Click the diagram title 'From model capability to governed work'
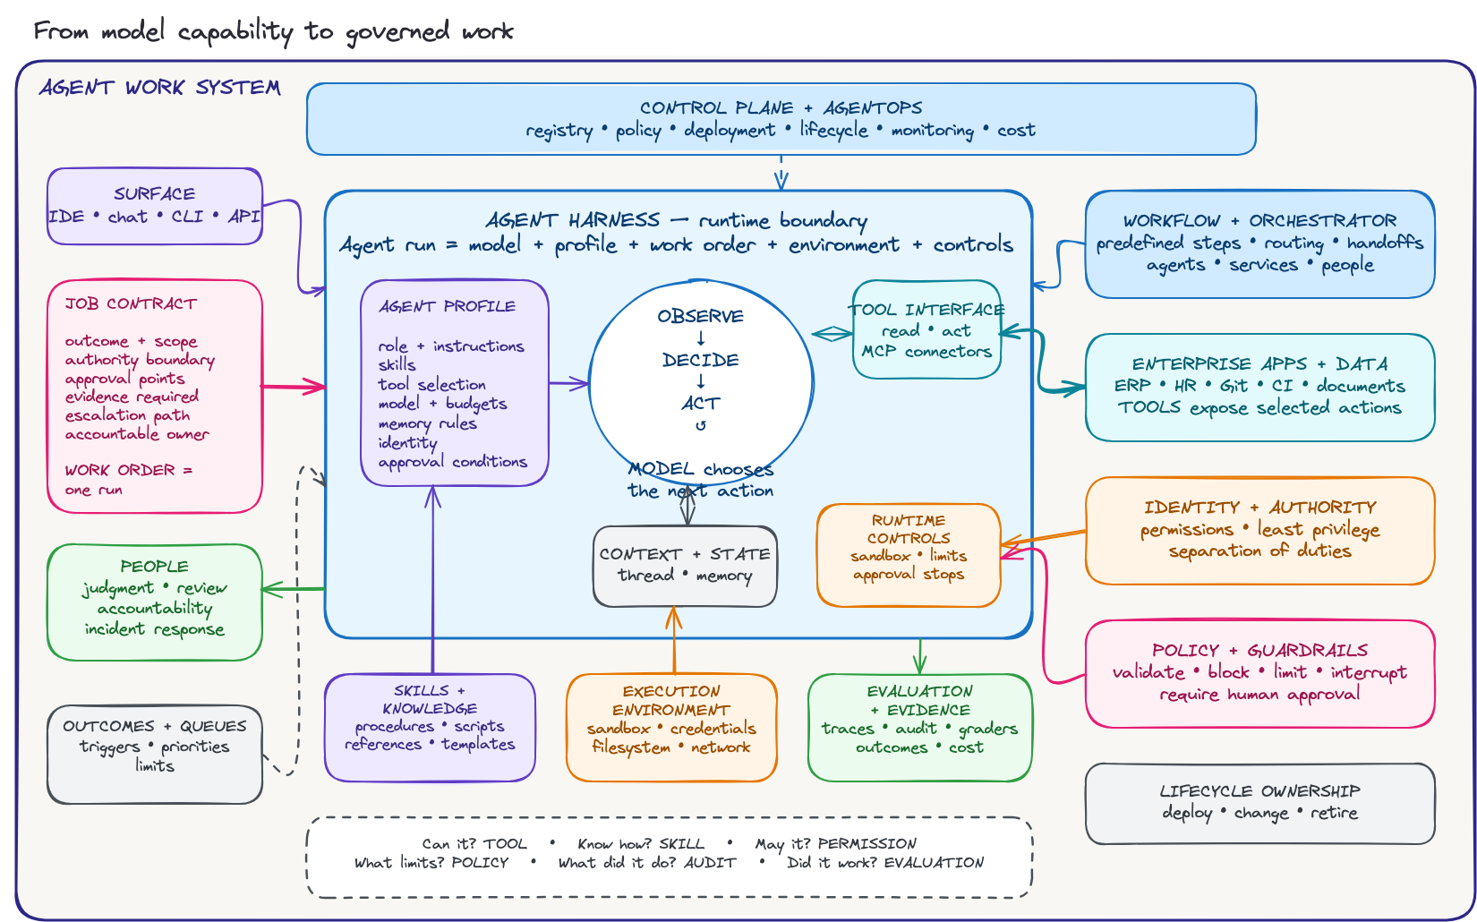pos(273,31)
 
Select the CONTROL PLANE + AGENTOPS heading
pos(781,107)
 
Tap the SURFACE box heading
pos(154,194)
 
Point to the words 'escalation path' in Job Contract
pos(127,415)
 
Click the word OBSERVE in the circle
pos(700,316)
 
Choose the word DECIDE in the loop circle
pos(700,360)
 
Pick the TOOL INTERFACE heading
pos(926,310)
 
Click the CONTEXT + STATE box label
pos(685,554)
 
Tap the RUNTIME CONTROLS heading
pos(909,529)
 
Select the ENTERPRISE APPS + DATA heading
pos(1259,364)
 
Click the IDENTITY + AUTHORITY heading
pos(1259,508)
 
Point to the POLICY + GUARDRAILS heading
pos(1259,650)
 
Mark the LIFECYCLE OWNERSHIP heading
pos(1259,790)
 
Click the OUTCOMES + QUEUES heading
pos(154,726)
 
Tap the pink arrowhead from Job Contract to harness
pos(314,387)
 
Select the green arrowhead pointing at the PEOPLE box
pos(271,589)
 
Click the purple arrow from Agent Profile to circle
pos(569,383)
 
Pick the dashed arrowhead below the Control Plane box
pos(781,179)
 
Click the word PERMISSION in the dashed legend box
pos(867,843)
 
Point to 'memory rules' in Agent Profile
pos(427,423)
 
